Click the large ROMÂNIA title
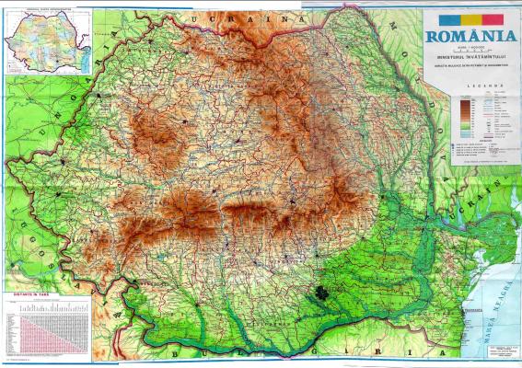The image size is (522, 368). coord(469,37)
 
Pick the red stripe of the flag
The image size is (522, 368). coord(492,18)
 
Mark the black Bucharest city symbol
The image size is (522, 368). coord(321,294)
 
